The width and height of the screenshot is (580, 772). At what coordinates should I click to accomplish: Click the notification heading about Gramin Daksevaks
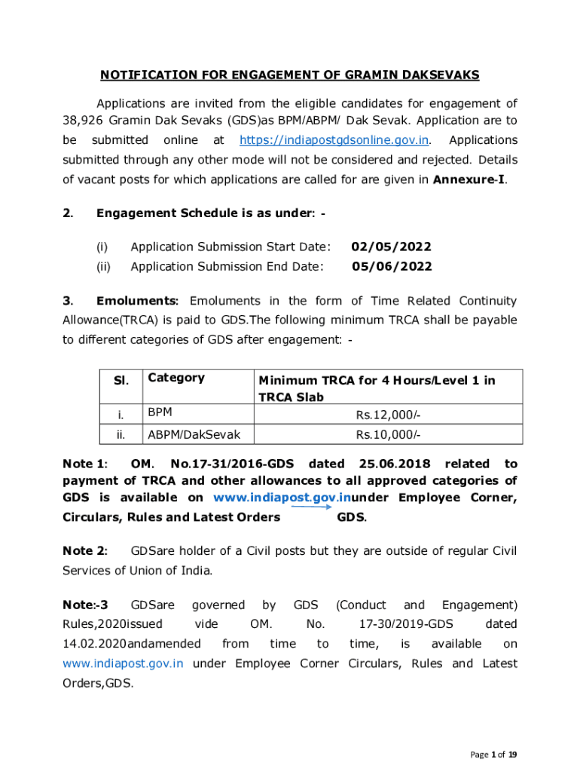coord(290,75)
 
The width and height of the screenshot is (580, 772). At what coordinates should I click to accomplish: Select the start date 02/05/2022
coord(392,247)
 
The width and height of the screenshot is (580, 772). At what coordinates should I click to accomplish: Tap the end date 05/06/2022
coord(392,266)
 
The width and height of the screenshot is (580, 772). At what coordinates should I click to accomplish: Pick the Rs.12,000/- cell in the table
coord(388,414)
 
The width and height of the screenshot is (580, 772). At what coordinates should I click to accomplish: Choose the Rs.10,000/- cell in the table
coord(388,434)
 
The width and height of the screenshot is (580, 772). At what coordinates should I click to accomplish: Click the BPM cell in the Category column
coord(159,413)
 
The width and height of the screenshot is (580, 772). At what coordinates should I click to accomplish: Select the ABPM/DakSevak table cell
coord(189,434)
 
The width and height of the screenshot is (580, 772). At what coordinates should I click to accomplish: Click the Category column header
coord(176,378)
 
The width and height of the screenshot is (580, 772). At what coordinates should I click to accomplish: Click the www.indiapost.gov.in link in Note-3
coord(123,663)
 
